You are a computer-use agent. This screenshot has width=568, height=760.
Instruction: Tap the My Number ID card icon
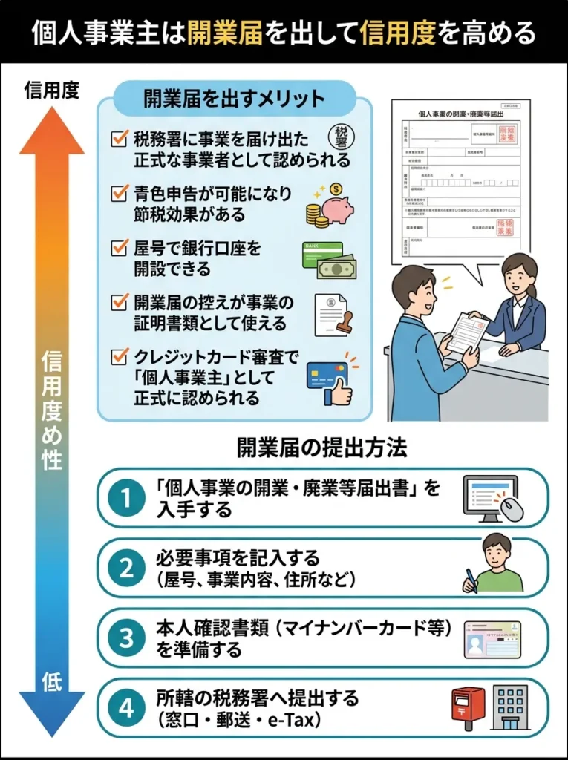click(x=492, y=639)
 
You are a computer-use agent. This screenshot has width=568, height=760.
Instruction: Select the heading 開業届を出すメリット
click(x=234, y=98)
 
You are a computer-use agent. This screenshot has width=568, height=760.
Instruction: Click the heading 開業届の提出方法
click(x=321, y=448)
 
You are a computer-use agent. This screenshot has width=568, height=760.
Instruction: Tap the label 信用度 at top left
click(x=51, y=90)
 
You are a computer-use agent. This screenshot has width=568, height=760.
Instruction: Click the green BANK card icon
click(x=321, y=254)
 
